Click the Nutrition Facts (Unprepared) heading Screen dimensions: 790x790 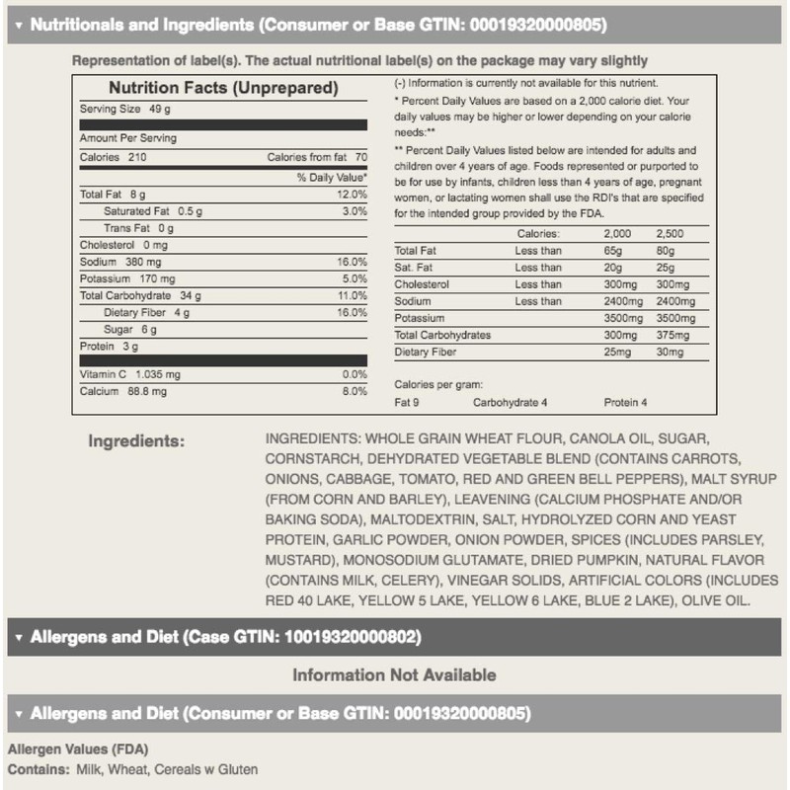tap(223, 88)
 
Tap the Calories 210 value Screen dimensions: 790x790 tap(113, 157)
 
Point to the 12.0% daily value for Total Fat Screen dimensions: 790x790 tap(352, 195)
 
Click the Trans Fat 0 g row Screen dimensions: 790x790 tap(138, 228)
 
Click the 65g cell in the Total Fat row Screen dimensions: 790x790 tap(614, 251)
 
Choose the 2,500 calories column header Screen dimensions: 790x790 tap(669, 234)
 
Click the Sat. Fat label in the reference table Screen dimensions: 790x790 tap(415, 268)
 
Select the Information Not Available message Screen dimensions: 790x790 tap(394, 675)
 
